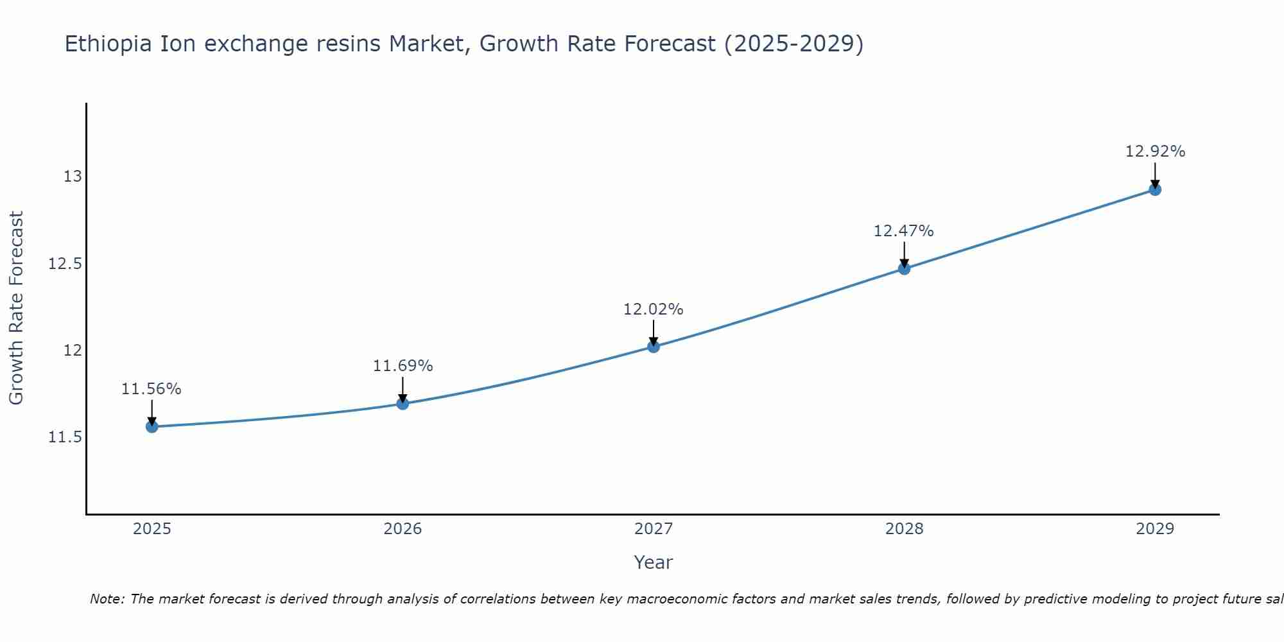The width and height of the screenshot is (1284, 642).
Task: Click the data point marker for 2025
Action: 152,426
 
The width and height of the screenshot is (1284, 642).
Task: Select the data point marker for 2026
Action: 403,403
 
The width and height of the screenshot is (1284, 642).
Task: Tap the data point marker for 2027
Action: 654,347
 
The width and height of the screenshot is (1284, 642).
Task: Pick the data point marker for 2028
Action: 904,268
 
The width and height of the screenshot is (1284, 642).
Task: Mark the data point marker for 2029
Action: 1155,189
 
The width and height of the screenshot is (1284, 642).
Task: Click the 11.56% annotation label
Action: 152,389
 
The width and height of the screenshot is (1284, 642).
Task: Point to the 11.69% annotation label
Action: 403,366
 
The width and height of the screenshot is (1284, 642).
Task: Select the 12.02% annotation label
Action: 654,309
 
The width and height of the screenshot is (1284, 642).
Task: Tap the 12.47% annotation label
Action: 903,231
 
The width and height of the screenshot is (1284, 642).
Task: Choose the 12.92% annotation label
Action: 1155,152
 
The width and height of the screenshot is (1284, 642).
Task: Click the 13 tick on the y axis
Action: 73,176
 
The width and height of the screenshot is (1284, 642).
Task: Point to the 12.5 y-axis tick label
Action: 65,264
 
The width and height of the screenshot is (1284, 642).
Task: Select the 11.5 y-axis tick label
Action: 65,437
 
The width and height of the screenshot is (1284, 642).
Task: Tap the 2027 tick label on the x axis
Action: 654,529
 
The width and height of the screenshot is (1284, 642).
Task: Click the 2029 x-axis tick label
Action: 1155,529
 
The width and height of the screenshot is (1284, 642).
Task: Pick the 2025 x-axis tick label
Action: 152,529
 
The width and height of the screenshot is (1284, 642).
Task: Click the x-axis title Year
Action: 654,562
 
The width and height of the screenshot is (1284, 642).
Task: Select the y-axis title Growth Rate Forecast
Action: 16,308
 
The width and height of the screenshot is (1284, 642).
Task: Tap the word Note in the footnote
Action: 107,599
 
